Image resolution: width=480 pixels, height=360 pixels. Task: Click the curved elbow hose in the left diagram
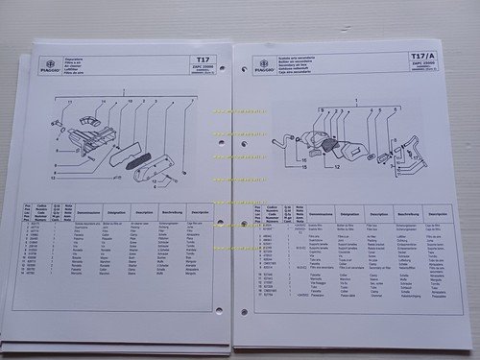87,124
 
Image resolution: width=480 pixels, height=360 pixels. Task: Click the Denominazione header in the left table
88,206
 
